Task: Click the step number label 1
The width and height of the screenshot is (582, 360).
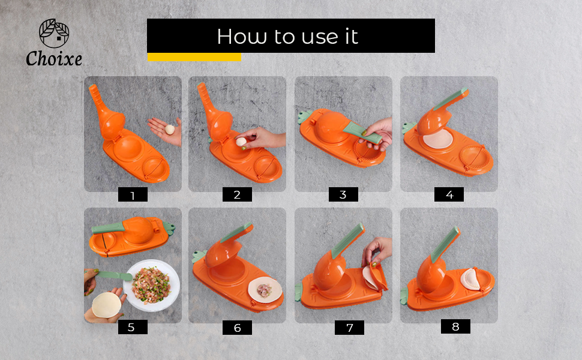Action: pos(133,195)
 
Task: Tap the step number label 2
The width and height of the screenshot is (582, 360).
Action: pos(237,194)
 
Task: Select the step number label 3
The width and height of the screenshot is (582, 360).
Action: pos(343,194)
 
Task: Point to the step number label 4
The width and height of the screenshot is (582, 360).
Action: pos(449,194)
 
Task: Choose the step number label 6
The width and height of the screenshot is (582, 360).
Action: pos(237,328)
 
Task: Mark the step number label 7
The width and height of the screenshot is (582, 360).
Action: pos(349,328)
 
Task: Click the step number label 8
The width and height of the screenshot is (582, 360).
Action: pos(455,326)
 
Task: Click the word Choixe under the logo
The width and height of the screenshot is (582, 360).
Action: pos(54,59)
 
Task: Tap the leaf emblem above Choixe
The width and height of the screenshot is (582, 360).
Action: pos(54,33)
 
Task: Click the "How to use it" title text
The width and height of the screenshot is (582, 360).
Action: pos(287,36)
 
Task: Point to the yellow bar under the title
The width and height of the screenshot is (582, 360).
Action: pos(194,57)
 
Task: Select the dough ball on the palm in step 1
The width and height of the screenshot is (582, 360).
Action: pos(170,128)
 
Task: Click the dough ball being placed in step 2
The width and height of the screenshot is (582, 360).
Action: pos(241,142)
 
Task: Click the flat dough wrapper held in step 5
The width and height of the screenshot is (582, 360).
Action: pos(107,304)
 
